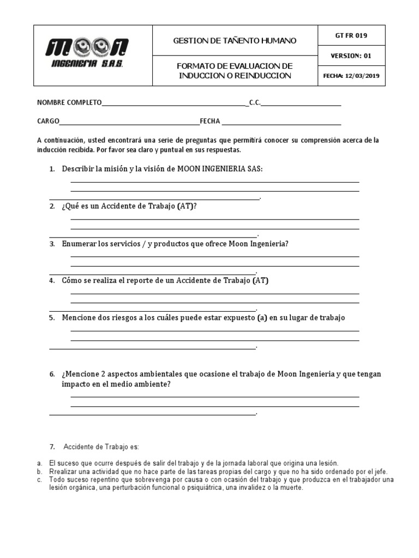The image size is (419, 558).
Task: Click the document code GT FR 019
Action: [x=351, y=36]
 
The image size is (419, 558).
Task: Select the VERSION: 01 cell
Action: [x=351, y=56]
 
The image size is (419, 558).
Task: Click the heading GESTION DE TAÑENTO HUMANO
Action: [x=235, y=40]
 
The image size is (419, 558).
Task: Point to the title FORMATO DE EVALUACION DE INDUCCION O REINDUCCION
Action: [x=235, y=71]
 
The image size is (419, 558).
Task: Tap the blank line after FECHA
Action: [x=281, y=122]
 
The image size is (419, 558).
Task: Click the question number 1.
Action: [x=52, y=169]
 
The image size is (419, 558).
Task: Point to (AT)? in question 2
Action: [x=187, y=207]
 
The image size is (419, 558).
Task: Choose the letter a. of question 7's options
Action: [x=39, y=463]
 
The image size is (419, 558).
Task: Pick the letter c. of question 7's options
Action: [x=39, y=480]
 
